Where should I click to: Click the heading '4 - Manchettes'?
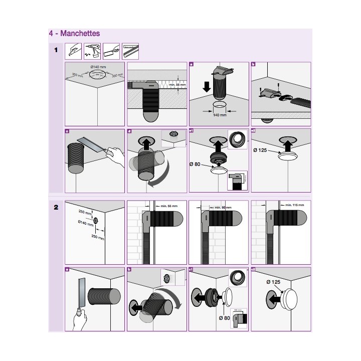74,34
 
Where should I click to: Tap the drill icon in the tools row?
94,51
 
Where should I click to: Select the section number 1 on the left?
56,50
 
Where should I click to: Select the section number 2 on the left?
56,208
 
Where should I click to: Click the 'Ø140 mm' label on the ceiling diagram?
98,67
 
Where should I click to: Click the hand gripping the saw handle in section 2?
78,316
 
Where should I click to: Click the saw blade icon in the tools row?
130,51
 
